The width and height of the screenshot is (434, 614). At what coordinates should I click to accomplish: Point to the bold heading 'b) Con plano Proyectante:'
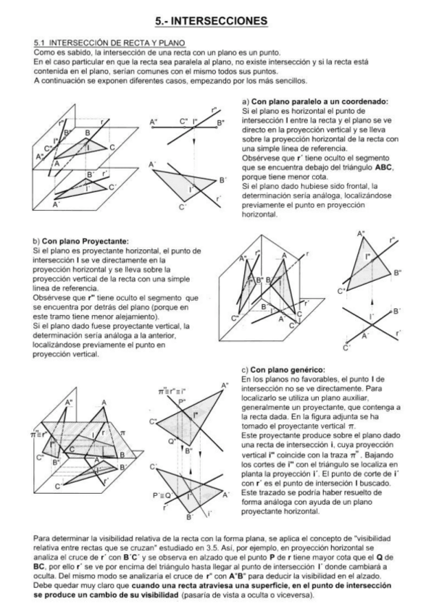coord(80,240)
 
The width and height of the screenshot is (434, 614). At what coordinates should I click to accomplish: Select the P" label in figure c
coord(183,400)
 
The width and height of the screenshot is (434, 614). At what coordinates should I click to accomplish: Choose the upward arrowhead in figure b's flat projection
coord(371,296)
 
